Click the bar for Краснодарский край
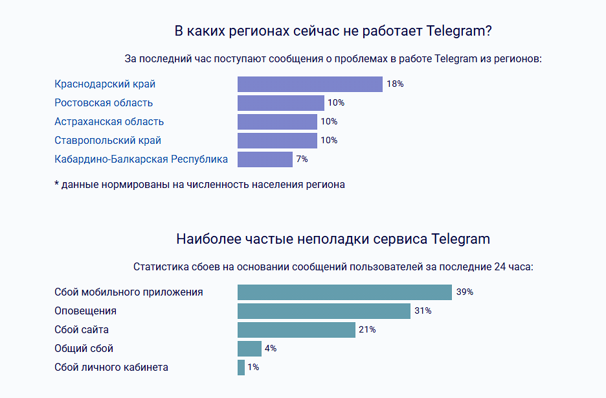pos(309,84)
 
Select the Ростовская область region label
pos(104,103)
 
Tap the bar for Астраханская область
pos(277,122)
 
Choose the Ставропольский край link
pos(107,141)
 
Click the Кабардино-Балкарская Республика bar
pos(265,159)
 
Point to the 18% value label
pos(395,84)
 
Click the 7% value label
pos(302,159)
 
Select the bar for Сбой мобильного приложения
pos(344,292)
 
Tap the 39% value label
pos(464,292)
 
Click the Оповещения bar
pos(324,311)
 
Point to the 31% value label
pos(423,311)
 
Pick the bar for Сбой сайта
pos(296,330)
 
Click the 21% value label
pos(367,330)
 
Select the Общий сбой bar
pos(249,349)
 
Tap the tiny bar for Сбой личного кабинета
pos(241,368)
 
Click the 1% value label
pos(253,368)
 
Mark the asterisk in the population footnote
pos(57,184)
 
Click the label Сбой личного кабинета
pos(111,368)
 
